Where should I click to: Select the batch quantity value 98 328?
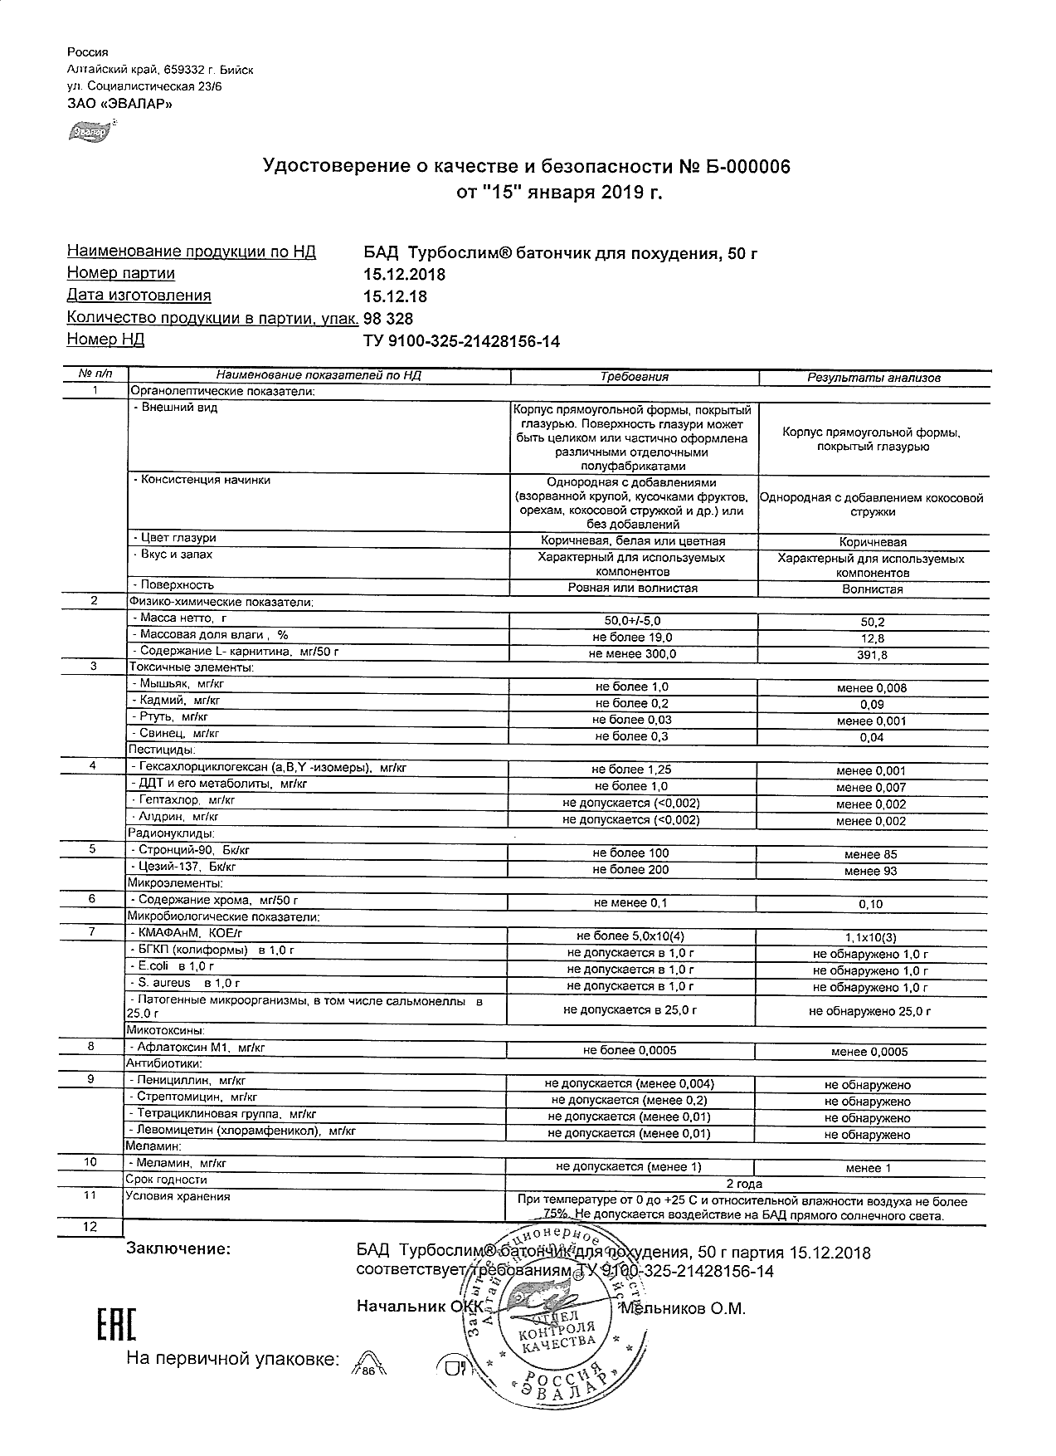[388, 319]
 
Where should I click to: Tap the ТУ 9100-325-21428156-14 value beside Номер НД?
[461, 341]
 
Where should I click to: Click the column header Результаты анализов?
[874, 377]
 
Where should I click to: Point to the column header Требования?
[634, 377]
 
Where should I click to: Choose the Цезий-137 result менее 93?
[871, 871]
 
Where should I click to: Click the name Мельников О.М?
[683, 1309]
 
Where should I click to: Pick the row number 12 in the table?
[90, 1227]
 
